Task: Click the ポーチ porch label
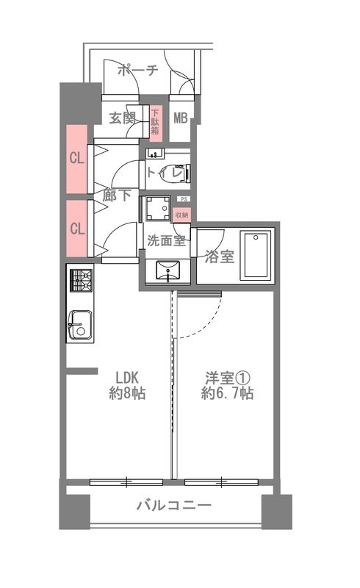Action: point(138,70)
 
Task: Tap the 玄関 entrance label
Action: point(122,118)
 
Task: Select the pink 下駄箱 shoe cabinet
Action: point(156,123)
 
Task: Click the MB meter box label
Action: point(181,118)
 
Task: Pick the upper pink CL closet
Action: point(77,158)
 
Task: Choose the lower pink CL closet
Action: point(77,229)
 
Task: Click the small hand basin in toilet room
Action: point(155,153)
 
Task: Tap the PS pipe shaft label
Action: point(184,199)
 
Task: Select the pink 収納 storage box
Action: point(182,215)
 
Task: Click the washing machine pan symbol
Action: point(157,209)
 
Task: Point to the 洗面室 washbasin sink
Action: point(168,270)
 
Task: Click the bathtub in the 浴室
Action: point(256,255)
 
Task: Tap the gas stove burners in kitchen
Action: point(81,280)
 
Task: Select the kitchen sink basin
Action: point(79,325)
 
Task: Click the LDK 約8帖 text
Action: point(128,385)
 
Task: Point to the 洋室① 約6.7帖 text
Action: point(227,385)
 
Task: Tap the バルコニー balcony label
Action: point(173,506)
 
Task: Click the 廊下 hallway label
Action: point(117,195)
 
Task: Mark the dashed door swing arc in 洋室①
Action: point(206,326)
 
